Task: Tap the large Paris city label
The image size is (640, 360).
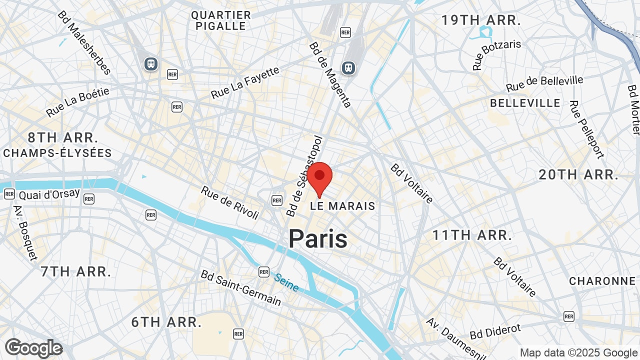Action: pos(318,238)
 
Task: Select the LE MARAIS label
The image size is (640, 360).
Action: pos(342,206)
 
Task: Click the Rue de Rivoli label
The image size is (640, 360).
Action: pos(230,202)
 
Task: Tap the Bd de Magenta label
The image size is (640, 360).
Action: pos(330,74)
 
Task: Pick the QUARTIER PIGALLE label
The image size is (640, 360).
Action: pos(221,20)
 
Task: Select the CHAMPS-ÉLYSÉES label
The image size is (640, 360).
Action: pos(57,153)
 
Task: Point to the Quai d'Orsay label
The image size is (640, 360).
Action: pos(49,193)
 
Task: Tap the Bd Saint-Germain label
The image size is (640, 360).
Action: pos(240,287)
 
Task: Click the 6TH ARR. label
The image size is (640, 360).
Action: pos(166,322)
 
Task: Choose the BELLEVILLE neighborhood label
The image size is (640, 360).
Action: pos(525,103)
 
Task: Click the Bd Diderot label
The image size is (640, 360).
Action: pos(495,331)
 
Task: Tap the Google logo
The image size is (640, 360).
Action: pos(34,348)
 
